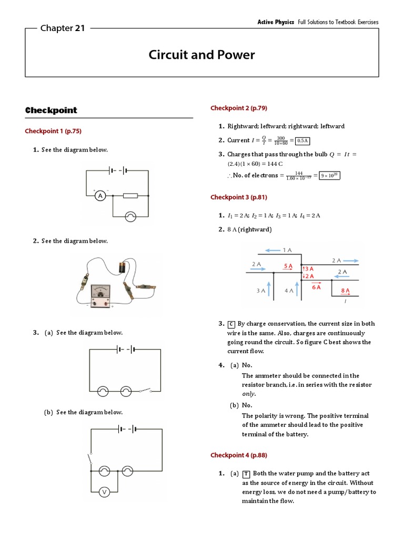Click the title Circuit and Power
(x=201, y=55)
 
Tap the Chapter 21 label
(x=63, y=28)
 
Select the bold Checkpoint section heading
(x=51, y=110)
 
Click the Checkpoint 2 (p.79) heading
(x=239, y=108)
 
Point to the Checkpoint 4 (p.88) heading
(x=239, y=455)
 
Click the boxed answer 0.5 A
(x=302, y=141)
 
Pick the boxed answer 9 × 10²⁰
(x=331, y=175)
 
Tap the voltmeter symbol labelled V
(x=104, y=492)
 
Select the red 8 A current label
(x=345, y=290)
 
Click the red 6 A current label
(x=316, y=287)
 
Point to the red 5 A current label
(x=288, y=266)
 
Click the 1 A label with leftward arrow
(x=287, y=249)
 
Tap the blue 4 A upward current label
(x=288, y=290)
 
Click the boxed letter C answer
(x=231, y=324)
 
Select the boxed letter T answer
(x=247, y=474)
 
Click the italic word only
(x=248, y=394)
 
